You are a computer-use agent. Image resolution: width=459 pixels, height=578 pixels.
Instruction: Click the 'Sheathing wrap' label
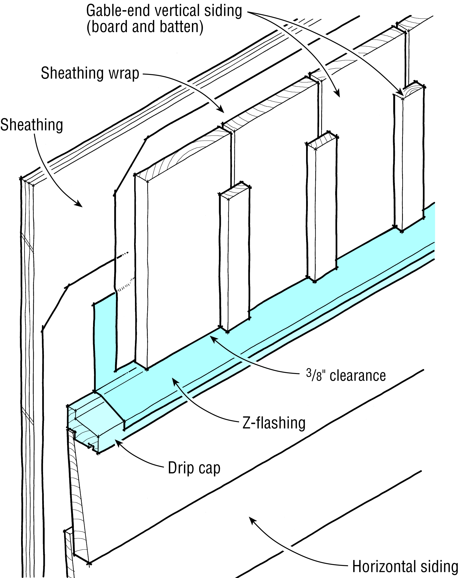click(x=90, y=73)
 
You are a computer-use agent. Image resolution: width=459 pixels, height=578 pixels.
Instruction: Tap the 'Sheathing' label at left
click(x=32, y=125)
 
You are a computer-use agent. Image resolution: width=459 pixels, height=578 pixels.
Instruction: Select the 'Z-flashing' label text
click(x=274, y=423)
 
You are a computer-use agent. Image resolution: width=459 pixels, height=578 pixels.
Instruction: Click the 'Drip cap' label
click(x=194, y=468)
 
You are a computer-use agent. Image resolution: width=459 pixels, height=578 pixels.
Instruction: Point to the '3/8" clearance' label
click(x=346, y=376)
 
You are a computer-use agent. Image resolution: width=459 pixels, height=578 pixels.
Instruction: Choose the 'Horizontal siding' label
click(x=405, y=566)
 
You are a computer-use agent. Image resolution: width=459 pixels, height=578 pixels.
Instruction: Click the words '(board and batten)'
click(x=145, y=27)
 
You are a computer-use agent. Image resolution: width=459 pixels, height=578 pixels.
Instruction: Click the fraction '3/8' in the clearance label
click(x=314, y=376)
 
